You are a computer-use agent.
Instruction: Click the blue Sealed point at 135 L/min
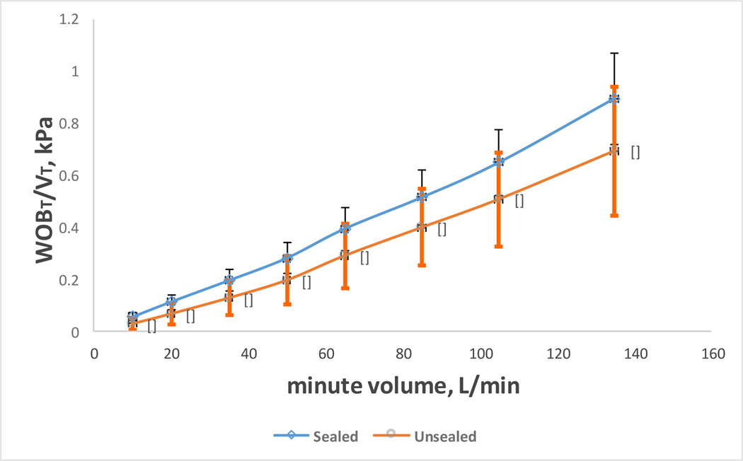point(614,99)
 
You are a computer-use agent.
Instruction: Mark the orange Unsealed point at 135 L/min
point(614,151)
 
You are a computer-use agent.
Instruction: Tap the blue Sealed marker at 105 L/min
point(499,162)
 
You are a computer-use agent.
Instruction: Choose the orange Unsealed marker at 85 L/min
point(422,227)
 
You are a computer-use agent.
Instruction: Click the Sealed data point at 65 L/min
point(345,228)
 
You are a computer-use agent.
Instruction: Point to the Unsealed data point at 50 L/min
point(287,279)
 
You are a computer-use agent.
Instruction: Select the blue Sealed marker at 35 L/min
point(229,280)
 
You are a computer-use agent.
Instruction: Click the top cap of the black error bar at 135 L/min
point(614,53)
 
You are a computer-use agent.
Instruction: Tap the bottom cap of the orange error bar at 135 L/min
point(614,215)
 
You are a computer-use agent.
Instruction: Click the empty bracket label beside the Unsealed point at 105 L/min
point(519,202)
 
